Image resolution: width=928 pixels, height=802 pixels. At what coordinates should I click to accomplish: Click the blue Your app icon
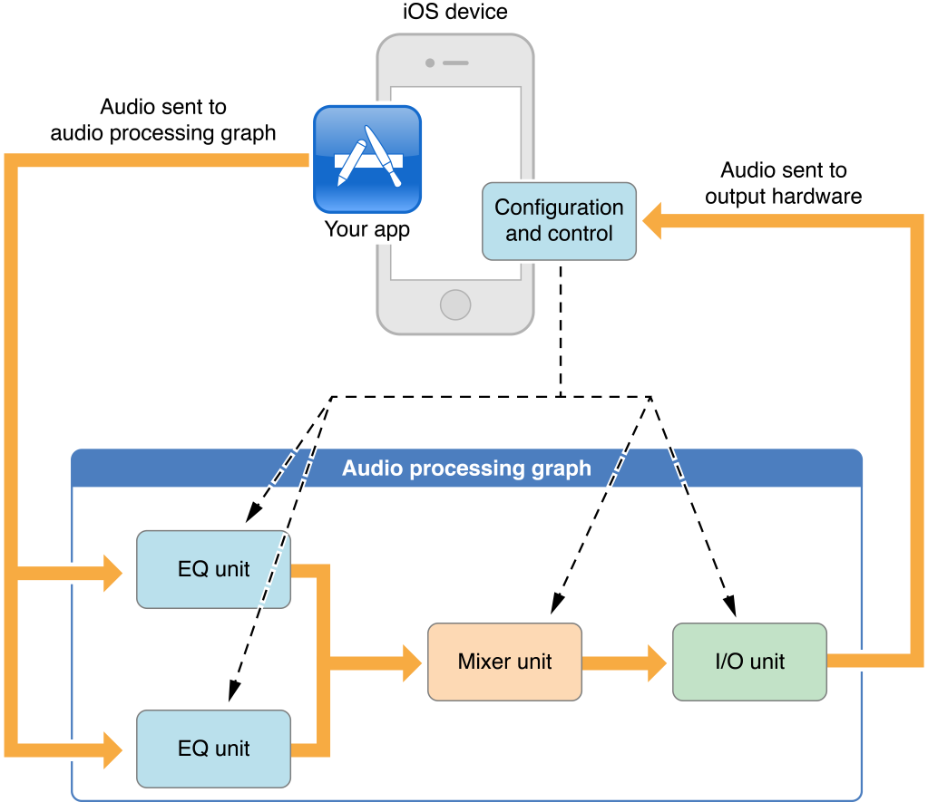point(367,159)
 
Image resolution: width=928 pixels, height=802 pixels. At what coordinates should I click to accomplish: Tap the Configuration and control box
point(559,221)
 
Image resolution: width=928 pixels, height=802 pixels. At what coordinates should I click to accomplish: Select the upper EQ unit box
point(213,569)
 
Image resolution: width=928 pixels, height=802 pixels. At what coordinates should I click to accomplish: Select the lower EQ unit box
point(213,749)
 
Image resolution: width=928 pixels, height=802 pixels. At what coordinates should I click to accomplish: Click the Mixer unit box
point(504,662)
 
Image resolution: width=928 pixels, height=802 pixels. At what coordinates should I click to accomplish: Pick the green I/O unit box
point(749,662)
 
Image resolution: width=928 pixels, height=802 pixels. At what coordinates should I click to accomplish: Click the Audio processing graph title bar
point(466,469)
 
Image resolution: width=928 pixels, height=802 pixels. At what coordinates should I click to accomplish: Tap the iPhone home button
point(455,304)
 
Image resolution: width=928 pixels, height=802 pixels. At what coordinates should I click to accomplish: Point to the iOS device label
point(455,13)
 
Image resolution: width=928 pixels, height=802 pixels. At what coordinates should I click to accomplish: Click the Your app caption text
point(367,229)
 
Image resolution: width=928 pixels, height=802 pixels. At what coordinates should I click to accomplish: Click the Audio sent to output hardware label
point(784,183)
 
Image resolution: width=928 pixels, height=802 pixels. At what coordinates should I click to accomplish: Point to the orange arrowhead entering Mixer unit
point(410,662)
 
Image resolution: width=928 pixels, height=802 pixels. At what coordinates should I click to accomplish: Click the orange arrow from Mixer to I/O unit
point(626,662)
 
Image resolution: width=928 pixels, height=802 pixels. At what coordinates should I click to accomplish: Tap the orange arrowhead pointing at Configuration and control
point(653,221)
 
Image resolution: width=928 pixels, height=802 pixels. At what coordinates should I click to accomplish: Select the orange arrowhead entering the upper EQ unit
point(112,573)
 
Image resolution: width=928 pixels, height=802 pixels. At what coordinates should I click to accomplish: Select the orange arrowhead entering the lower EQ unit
point(112,749)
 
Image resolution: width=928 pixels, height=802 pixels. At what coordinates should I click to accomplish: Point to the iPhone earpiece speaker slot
point(455,63)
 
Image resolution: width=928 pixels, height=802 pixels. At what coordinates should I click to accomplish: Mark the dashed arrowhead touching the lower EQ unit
point(234,692)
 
